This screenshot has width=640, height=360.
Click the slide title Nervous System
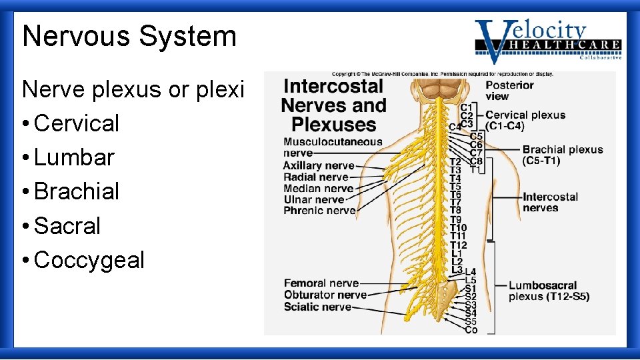[x=129, y=36]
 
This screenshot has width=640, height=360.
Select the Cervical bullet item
[x=76, y=123]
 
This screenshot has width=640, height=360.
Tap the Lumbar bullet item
[x=74, y=157]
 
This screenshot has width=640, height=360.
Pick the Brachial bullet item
[x=76, y=191]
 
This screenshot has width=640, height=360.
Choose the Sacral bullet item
[x=67, y=226]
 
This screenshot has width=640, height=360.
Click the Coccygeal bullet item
[x=89, y=260]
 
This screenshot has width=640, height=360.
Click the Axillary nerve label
[x=318, y=165]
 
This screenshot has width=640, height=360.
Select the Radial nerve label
[x=316, y=177]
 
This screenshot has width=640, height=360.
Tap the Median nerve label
[x=318, y=188]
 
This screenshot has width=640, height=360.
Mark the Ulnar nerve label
[x=313, y=199]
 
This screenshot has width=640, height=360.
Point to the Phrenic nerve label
[x=319, y=211]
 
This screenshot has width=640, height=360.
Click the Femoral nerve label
[x=321, y=283]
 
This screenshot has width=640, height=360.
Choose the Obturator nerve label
[x=325, y=295]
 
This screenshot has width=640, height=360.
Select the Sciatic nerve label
[x=317, y=307]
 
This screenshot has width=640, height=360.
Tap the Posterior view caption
[x=509, y=91]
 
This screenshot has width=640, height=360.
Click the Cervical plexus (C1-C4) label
[x=525, y=121]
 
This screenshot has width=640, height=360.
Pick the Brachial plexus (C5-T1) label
[x=562, y=155]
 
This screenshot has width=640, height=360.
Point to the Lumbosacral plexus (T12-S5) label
[x=549, y=291]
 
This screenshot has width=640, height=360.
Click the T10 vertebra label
[x=458, y=228]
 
